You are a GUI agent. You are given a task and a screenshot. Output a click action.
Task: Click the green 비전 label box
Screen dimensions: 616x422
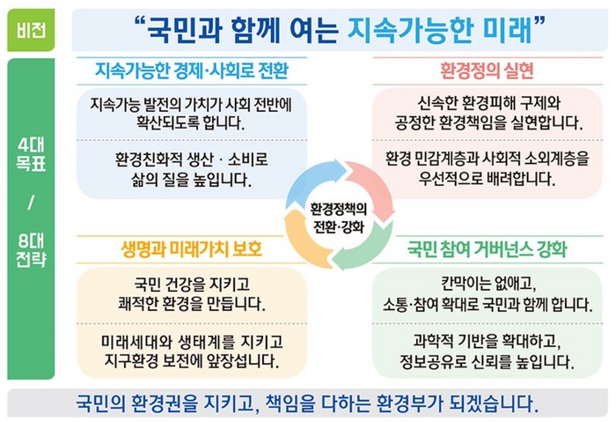[x=31, y=30]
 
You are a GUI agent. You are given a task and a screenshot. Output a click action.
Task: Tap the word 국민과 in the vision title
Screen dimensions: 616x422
[x=184, y=30]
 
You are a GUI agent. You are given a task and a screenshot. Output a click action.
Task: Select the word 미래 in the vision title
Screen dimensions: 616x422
[x=507, y=30]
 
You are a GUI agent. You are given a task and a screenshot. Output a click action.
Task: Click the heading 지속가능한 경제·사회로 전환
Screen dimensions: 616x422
[x=192, y=70]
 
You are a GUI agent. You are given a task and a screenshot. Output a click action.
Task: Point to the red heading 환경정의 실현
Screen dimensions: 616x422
[x=488, y=70]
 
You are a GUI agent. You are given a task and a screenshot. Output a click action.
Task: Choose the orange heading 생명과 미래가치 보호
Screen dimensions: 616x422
[x=192, y=249]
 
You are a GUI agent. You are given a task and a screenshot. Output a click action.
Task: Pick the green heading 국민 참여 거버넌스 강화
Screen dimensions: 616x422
[x=488, y=249]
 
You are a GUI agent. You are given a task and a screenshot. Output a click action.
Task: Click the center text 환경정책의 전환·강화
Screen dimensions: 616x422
[x=339, y=218]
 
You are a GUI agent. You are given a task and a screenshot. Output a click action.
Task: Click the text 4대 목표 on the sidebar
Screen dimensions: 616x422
[x=31, y=154]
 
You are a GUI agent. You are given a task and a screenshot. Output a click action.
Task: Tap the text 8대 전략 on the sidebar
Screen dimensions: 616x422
[x=31, y=250]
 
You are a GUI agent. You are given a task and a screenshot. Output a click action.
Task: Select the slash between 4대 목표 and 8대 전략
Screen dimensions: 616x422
[x=31, y=203]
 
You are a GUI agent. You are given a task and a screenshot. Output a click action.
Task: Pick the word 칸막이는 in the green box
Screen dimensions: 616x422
[x=463, y=284]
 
